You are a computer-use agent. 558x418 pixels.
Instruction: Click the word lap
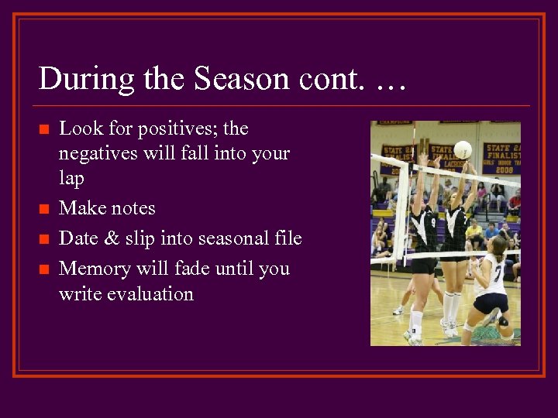71,179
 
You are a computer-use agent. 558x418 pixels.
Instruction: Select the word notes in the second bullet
132,208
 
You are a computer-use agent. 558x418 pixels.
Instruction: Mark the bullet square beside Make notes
43,209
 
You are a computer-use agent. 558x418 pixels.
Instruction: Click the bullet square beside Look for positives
43,129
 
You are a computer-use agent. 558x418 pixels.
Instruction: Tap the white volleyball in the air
463,149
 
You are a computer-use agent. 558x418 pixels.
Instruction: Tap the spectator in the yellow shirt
472,231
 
